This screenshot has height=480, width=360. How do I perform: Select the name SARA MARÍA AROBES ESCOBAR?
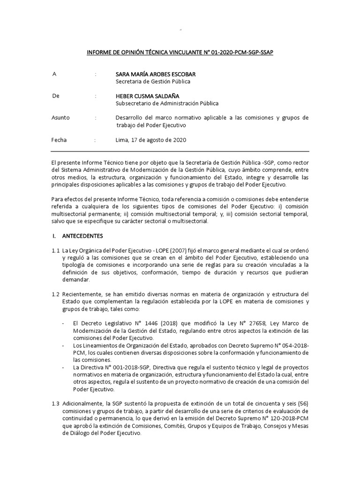tap(156, 74)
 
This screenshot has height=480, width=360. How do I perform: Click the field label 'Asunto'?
tap(60, 118)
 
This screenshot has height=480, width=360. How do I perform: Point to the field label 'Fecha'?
tap(59, 140)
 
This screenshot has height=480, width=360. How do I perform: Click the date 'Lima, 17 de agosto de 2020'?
tap(151, 140)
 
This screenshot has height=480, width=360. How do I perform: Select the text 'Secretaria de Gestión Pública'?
tap(153, 82)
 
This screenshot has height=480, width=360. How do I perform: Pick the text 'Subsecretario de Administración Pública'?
tap(167, 104)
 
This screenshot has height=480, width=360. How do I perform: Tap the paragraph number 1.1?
tap(56, 250)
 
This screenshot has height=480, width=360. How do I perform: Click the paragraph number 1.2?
tap(56, 294)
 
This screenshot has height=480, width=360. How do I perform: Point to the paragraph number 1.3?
tap(56, 404)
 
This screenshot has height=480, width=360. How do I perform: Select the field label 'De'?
tap(56, 96)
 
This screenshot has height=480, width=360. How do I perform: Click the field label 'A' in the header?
tap(54, 74)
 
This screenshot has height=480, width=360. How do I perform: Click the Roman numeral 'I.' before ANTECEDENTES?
tap(54, 235)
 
